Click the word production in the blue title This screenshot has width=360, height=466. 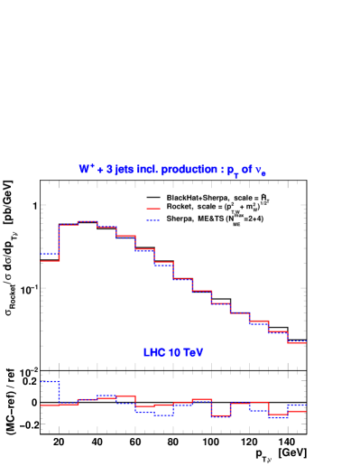189,169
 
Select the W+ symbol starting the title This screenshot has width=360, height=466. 87,168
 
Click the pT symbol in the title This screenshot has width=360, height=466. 232,170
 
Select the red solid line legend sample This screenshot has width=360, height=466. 153,209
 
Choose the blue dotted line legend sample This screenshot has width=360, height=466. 153,219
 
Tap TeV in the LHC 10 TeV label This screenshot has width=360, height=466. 193,352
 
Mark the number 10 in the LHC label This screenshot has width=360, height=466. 174,352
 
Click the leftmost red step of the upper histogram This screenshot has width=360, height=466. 49,260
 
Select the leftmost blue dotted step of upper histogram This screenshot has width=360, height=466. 49,254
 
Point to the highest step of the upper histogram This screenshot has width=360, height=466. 87,220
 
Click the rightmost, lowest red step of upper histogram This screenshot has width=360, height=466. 297,342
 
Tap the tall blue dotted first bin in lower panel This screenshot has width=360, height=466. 49,382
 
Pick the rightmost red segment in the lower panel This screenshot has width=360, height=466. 297,411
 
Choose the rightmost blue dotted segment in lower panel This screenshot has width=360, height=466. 297,405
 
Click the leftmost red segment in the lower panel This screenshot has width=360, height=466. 49,405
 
